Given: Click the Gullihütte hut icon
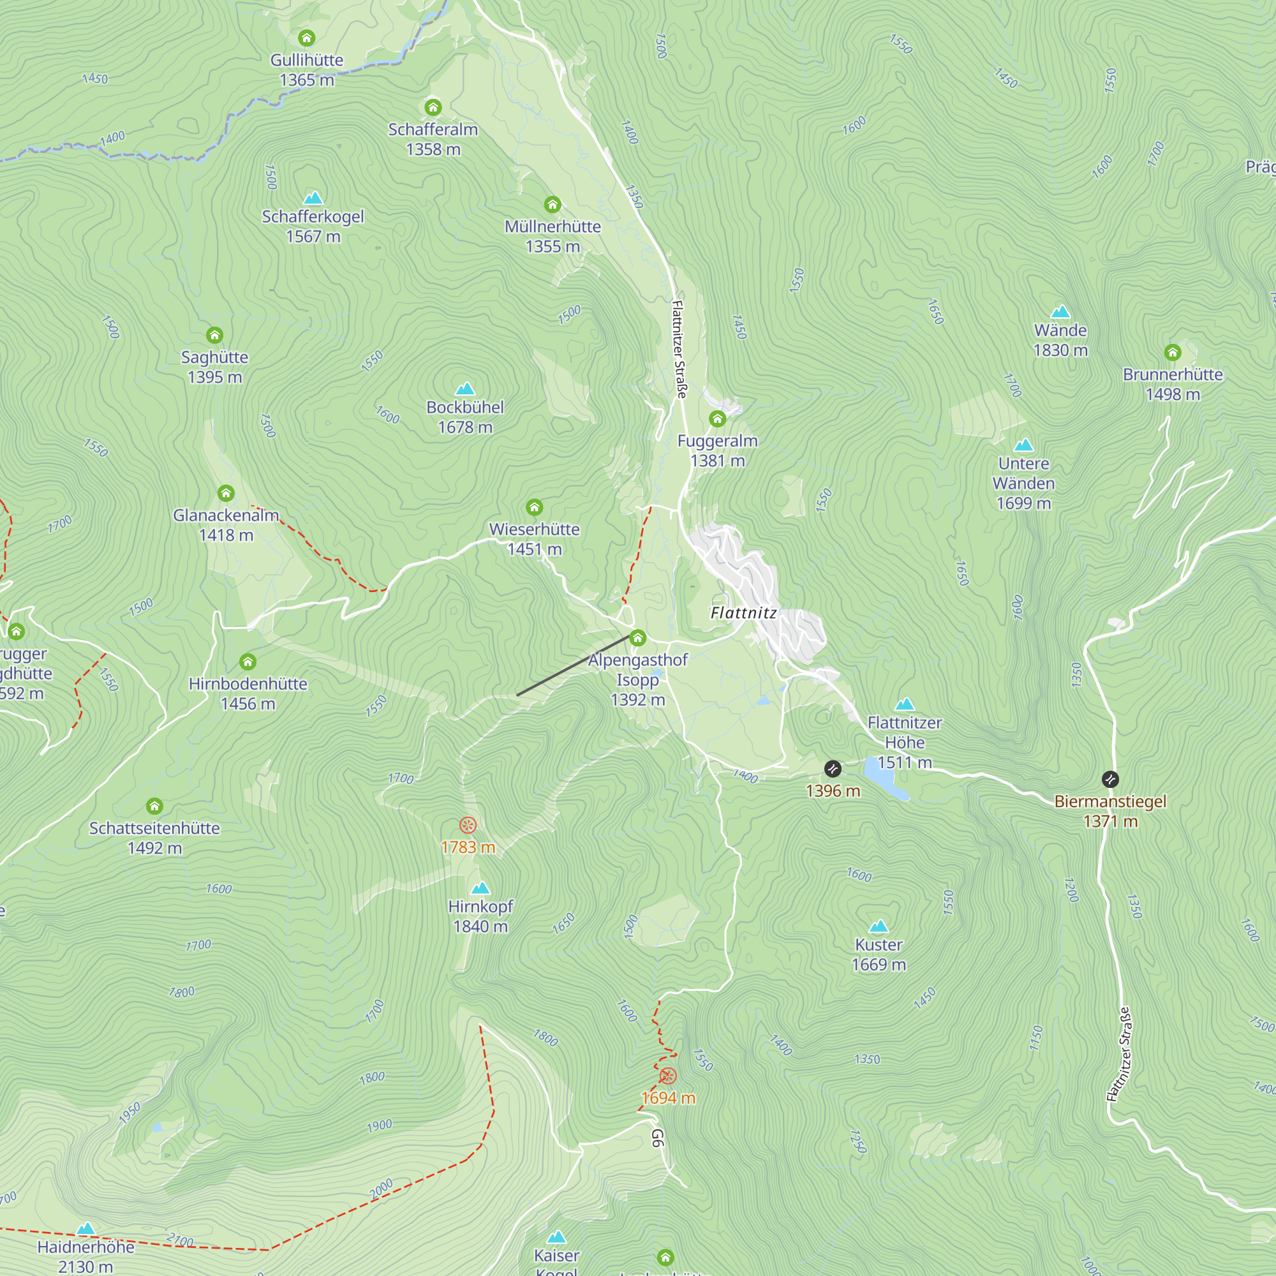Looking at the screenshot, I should (306, 38).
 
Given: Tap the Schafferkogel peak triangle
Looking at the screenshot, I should (313, 198).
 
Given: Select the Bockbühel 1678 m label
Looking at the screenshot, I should (465, 417).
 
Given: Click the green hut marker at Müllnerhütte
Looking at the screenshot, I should (552, 204).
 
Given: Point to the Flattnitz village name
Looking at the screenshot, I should (744, 613).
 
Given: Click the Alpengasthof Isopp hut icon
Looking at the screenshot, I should (637, 638).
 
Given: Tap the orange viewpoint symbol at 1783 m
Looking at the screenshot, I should (468, 825).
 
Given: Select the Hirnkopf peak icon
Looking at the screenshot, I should (481, 887).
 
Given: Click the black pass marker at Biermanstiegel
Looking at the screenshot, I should (1110, 780).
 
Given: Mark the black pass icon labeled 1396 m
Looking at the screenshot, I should (832, 769).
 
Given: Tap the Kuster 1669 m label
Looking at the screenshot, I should (879, 954).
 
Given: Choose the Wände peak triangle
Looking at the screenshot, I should (1060, 311).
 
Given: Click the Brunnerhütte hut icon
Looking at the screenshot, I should (1172, 353).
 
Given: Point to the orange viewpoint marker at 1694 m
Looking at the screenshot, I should (668, 1076).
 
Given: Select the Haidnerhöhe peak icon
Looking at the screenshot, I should (86, 1229).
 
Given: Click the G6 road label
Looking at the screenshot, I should (657, 1138).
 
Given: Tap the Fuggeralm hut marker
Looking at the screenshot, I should (717, 419).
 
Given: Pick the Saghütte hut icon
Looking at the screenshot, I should (214, 336).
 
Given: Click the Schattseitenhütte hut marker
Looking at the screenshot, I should (154, 806).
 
